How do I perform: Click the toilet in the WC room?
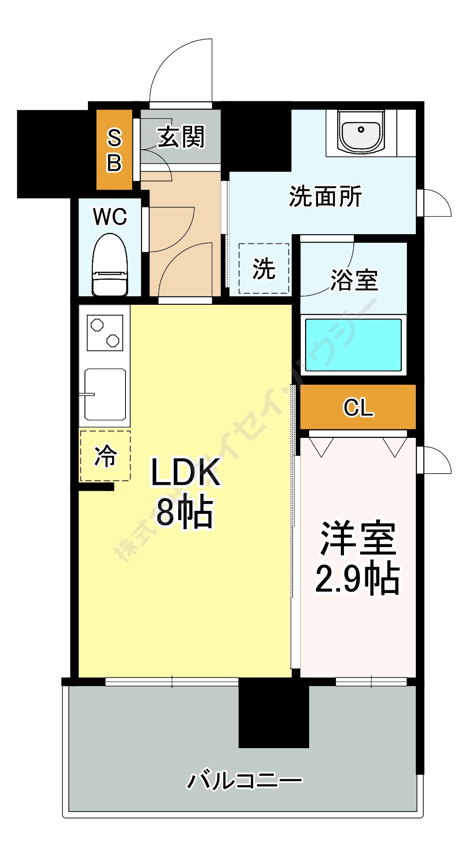110,266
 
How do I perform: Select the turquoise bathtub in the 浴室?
353,345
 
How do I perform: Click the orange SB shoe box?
114,150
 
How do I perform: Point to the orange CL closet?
358,407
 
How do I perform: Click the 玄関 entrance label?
181,136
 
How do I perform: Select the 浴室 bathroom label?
354,280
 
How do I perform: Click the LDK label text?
185,472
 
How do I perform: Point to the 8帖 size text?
184,512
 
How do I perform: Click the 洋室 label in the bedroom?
358,538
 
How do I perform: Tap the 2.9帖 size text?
357,579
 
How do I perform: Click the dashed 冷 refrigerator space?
105,456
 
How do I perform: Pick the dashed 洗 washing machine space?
264,269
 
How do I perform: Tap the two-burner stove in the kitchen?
105,333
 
